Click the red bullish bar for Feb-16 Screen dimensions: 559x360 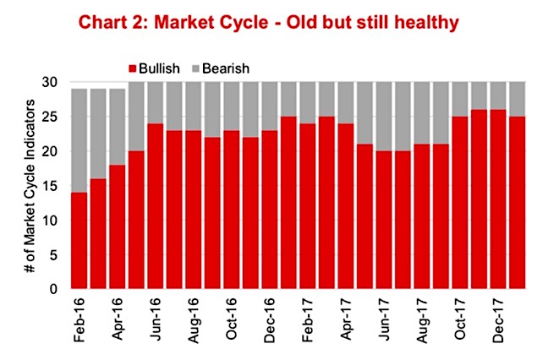click(x=79, y=240)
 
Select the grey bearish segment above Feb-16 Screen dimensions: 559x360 click(x=79, y=140)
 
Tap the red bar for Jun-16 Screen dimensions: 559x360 click(x=156, y=206)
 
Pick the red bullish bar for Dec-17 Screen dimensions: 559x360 click(x=498, y=199)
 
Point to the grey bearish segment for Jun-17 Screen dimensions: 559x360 click(x=384, y=117)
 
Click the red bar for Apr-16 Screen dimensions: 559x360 click(x=118, y=226)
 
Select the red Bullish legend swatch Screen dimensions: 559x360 click(x=133, y=68)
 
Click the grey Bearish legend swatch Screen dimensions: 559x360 click(x=195, y=68)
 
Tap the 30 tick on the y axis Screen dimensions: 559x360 click(x=50, y=83)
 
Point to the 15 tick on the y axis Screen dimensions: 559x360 click(x=50, y=186)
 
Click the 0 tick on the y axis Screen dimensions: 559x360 click(x=53, y=289)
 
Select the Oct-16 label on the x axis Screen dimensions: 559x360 click(x=232, y=319)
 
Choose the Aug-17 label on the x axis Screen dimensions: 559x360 click(x=422, y=320)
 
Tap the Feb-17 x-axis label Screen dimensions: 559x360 click(x=308, y=319)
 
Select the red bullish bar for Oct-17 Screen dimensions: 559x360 click(x=460, y=203)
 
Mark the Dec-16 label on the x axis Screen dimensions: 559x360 click(x=270, y=319)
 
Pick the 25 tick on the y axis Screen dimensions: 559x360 click(x=50, y=117)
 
